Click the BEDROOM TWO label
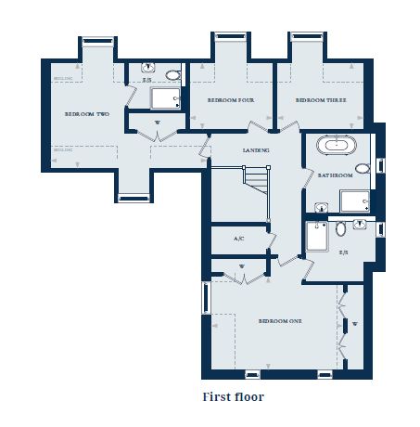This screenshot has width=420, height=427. [86, 113]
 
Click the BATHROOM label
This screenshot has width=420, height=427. [334, 175]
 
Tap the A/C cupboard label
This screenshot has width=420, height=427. [238, 239]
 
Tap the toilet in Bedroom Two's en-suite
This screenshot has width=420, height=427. [172, 75]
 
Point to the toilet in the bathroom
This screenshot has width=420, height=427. [363, 168]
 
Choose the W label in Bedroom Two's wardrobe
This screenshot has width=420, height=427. [157, 122]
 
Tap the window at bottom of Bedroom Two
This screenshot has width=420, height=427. [134, 196]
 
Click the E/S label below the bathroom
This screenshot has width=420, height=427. [343, 252]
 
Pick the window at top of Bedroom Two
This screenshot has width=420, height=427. [96, 41]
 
